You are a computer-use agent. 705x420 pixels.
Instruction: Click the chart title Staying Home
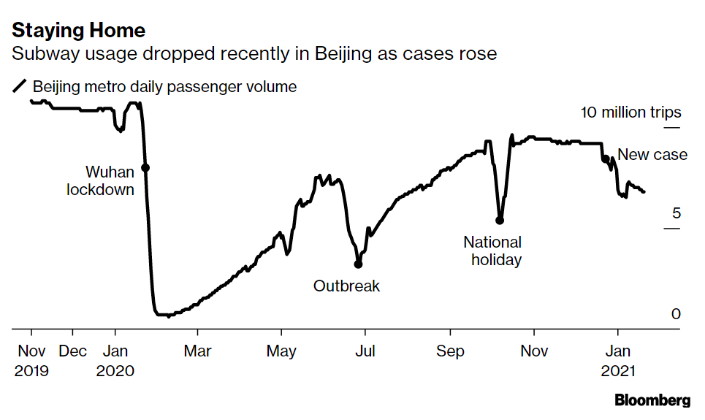click(x=78, y=31)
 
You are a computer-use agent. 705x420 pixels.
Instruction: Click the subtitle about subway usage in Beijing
click(x=254, y=54)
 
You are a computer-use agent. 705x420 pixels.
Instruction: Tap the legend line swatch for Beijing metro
click(x=20, y=87)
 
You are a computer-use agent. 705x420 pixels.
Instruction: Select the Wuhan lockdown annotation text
click(x=103, y=181)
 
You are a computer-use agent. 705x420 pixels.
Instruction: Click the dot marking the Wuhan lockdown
click(x=145, y=168)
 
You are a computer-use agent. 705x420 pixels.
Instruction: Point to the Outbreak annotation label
click(x=346, y=286)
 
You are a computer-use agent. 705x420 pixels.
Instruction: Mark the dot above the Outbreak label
click(x=358, y=264)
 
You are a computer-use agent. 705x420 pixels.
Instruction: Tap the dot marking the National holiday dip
click(x=500, y=220)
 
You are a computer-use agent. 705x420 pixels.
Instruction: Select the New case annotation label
click(x=652, y=154)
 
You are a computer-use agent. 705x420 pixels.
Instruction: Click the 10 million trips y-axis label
click(x=630, y=112)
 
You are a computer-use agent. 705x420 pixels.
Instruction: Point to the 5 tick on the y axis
click(x=676, y=213)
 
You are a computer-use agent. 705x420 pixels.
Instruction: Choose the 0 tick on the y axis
click(x=676, y=314)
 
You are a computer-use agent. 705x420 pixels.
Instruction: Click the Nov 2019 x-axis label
click(x=31, y=360)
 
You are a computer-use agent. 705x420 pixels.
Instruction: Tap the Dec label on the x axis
click(x=72, y=351)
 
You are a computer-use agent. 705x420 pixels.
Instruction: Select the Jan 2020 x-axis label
click(x=115, y=360)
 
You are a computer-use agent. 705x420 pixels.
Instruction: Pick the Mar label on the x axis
click(x=197, y=351)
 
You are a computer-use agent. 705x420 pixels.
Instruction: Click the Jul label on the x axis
click(x=365, y=351)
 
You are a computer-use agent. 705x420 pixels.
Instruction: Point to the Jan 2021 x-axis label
click(x=619, y=360)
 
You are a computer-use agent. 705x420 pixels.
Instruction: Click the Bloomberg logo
click(x=652, y=400)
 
